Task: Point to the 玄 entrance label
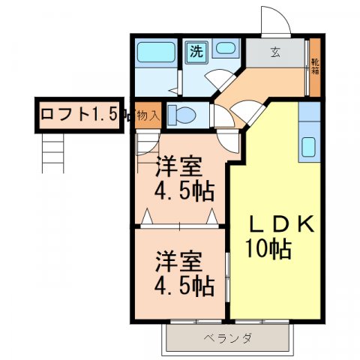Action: [x=275, y=52]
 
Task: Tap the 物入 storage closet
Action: [x=148, y=115]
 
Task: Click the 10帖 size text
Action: [x=268, y=247]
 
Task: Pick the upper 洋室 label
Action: [x=179, y=165]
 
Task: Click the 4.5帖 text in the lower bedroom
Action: [x=184, y=286]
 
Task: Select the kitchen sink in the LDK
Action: [x=307, y=146]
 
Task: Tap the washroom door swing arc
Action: [x=220, y=79]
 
